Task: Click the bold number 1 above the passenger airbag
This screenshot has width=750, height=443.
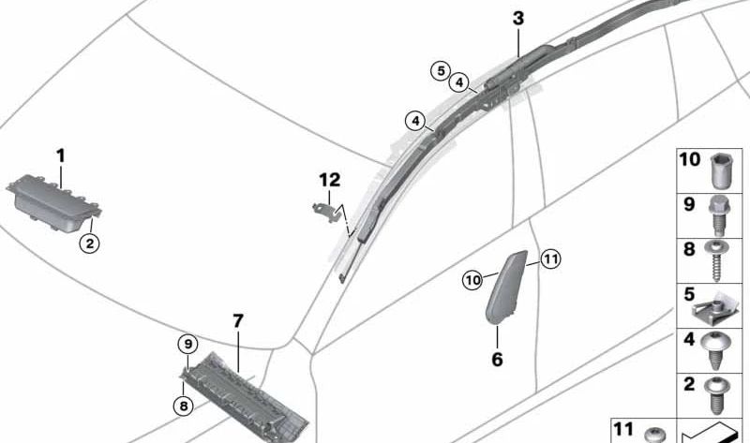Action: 61,155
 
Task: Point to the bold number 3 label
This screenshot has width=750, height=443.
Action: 518,19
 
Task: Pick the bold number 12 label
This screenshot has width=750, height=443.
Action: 328,179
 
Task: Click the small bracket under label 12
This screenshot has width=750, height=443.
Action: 324,209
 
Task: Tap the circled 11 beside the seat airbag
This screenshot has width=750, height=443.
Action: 549,258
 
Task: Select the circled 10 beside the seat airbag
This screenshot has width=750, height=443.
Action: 473,278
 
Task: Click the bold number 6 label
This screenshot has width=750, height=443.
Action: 497,359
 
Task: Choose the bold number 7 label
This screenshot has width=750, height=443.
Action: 238,321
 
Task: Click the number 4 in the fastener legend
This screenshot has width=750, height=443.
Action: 688,339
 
